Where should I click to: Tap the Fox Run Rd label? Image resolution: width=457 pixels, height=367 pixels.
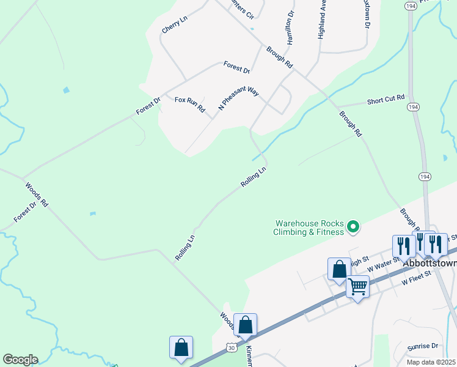click(190, 104)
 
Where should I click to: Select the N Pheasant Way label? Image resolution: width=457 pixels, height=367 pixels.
click(239, 98)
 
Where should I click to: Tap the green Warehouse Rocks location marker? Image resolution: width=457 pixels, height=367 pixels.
click(353, 228)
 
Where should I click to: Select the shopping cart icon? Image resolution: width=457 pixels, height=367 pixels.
click(357, 286)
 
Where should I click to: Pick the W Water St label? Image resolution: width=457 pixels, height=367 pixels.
click(383, 264)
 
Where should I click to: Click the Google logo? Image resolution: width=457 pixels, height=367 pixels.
click(20, 360)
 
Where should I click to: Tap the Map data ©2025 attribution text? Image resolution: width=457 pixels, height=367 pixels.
click(431, 362)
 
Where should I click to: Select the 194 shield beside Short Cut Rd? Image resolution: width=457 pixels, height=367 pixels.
click(414, 107)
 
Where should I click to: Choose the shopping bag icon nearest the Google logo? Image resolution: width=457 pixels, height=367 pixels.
click(181, 347)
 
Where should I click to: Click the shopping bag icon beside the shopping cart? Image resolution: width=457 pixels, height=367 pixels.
click(339, 269)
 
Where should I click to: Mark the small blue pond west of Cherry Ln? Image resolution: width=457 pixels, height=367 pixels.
click(66, 91)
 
